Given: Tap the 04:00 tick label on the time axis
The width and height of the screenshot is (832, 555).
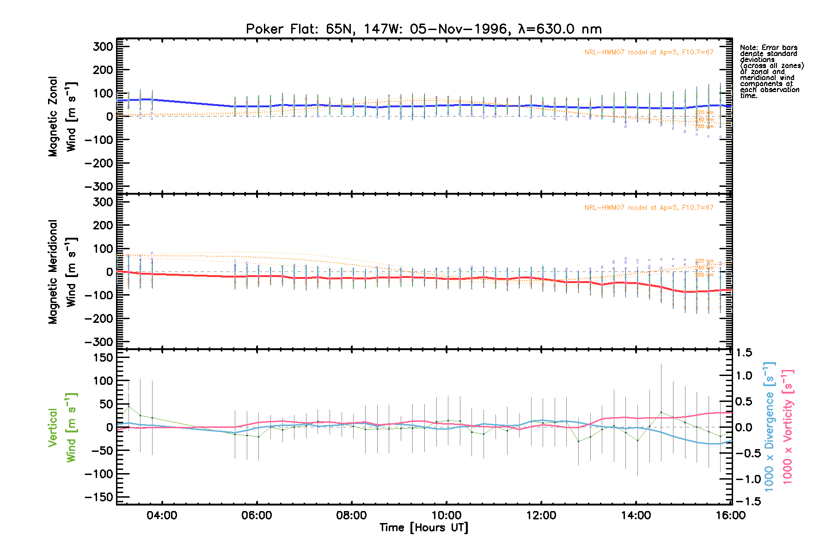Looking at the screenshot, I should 162,516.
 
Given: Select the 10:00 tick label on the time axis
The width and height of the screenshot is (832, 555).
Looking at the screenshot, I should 447,516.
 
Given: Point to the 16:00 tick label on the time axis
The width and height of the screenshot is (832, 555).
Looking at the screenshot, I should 731,516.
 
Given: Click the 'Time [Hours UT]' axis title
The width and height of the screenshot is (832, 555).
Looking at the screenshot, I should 423,528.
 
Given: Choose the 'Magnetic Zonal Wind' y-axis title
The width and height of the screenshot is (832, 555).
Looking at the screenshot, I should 62,117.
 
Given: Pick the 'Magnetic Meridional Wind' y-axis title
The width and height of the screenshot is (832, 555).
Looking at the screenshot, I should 62,272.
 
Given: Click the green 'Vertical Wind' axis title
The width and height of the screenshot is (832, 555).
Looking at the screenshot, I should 62,427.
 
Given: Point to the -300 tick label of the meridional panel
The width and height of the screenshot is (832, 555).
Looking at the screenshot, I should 99,342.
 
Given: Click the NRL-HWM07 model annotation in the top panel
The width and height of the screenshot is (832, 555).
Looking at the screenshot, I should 648,52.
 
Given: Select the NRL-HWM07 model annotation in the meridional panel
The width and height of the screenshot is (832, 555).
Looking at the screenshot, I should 648,208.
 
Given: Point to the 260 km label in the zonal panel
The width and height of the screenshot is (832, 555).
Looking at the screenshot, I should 704,127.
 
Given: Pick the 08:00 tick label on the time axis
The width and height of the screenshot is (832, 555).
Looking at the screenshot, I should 351,516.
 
